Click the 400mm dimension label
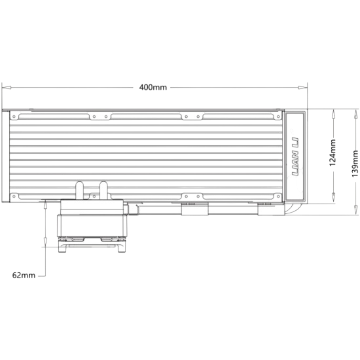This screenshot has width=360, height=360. coord(153,88)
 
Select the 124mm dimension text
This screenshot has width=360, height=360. coord(333,153)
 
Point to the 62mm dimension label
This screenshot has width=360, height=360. coord(24,276)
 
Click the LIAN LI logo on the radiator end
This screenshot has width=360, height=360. coord(295,156)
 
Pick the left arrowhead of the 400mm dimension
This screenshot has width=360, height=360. coord(7,88)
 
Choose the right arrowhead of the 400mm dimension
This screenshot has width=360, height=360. coord(302,88)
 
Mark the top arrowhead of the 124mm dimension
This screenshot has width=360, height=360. coord(333,114)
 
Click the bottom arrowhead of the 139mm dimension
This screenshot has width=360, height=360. coord(356,210)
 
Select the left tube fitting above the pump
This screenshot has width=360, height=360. coord(79,190)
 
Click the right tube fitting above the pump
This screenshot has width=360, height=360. coord(103,190)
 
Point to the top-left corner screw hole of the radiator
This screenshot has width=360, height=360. coord(14,117)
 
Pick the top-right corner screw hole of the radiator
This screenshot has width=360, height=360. coord(278,117)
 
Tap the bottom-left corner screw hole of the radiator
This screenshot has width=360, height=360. coord(14,196)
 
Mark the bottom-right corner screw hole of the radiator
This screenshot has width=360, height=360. coord(278,196)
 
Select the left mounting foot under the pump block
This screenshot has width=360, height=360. coord(62,247)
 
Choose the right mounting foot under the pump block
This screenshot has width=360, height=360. coord(122,247)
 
